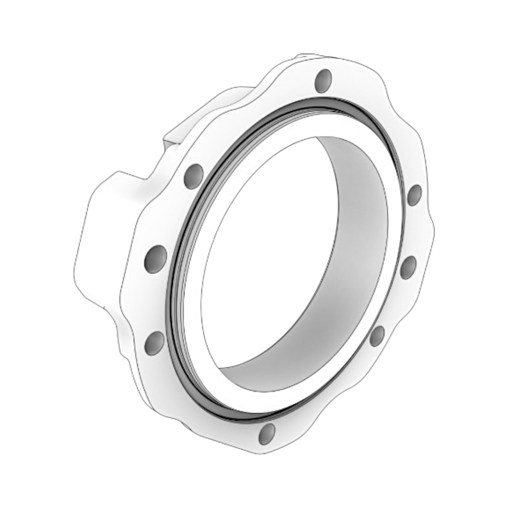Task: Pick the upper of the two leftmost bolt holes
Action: [155, 256]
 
